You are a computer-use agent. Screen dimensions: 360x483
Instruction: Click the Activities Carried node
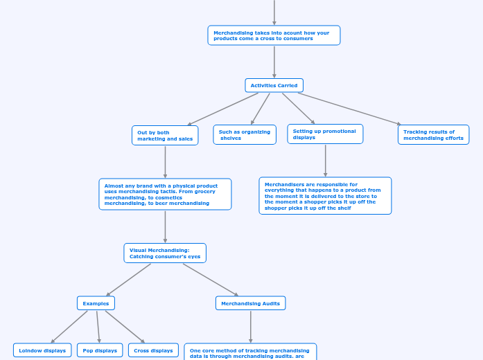[x=274, y=85]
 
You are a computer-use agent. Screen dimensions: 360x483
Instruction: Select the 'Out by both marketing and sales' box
[x=165, y=135]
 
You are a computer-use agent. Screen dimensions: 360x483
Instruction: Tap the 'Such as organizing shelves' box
[x=245, y=134]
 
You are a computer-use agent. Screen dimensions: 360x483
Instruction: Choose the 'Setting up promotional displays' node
[x=325, y=134]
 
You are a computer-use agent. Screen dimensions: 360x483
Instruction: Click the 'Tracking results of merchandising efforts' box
[x=433, y=134]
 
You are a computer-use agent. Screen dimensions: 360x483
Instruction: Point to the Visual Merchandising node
[x=165, y=253]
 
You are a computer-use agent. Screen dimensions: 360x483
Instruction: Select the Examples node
[x=96, y=303]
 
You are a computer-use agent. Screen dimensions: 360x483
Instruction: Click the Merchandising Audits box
[x=250, y=303]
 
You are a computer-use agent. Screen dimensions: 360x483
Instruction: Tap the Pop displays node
[x=100, y=350]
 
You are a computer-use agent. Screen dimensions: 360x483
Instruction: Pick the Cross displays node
[x=153, y=350]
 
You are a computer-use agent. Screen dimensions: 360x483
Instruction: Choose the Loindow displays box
[x=42, y=350]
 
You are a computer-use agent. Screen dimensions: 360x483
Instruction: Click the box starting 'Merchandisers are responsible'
[x=325, y=195]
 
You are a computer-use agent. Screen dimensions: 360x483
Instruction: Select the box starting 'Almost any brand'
[x=165, y=194]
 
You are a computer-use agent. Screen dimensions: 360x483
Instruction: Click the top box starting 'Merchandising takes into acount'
[x=274, y=35]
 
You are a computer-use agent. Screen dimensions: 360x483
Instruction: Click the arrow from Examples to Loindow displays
[x=69, y=327]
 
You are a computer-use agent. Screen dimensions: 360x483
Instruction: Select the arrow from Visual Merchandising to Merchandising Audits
[x=210, y=280]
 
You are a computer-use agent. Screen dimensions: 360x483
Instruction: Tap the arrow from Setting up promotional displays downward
[x=325, y=161]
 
